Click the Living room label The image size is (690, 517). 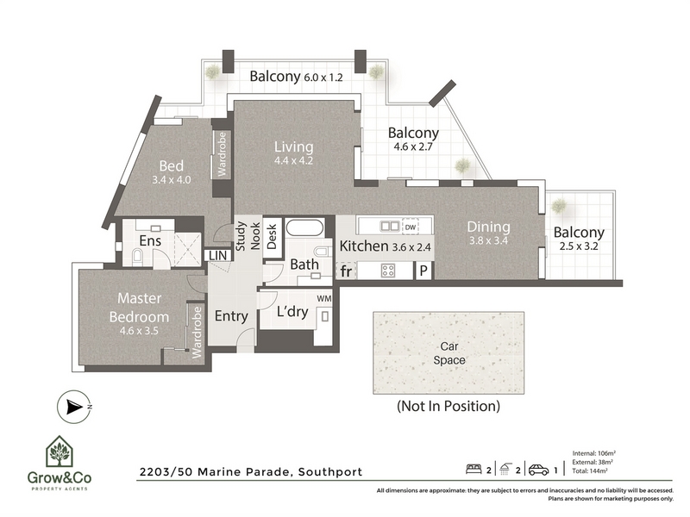coord(294,146)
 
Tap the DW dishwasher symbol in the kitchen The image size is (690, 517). coord(411,227)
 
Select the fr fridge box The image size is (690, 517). coord(347,271)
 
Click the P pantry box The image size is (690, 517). coord(423,271)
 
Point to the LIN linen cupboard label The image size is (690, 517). coord(217,255)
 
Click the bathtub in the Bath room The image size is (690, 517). coord(304,227)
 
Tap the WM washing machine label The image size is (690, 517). coord(324,298)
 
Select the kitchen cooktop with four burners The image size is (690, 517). coord(388,270)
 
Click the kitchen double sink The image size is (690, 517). coord(390,227)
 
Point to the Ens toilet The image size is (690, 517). coord(137,255)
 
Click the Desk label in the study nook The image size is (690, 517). coord(272,237)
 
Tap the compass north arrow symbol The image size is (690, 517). coord(74,408)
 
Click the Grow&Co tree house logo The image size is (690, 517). coord(59,452)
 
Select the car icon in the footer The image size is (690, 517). coord(538,470)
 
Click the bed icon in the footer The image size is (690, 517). coord(474,469)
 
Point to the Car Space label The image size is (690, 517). coord(449,353)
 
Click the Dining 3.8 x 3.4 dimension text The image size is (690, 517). coord(488,241)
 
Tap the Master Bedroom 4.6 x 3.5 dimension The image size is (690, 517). coord(139,331)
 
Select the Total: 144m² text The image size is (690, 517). coord(590,470)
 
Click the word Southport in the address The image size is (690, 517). coord(330,472)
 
